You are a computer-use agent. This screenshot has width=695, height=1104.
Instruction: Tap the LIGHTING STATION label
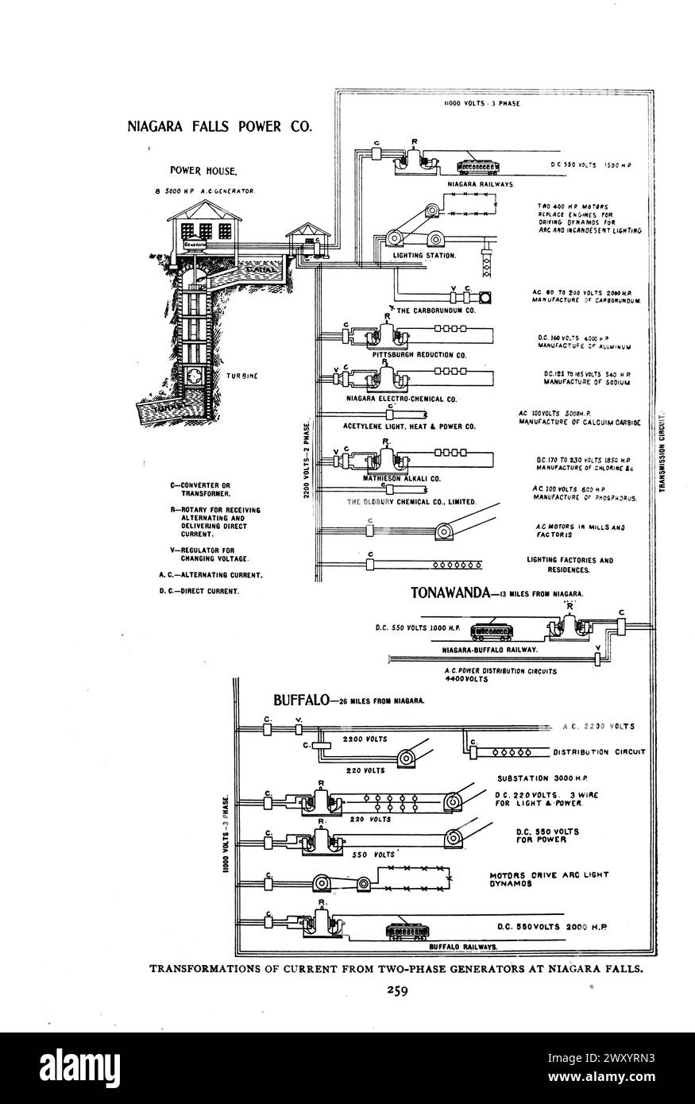coord(424,256)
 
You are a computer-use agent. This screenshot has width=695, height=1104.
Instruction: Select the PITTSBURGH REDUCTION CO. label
coord(419,354)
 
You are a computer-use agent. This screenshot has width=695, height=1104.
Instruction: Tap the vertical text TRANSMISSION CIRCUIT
coord(663,450)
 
